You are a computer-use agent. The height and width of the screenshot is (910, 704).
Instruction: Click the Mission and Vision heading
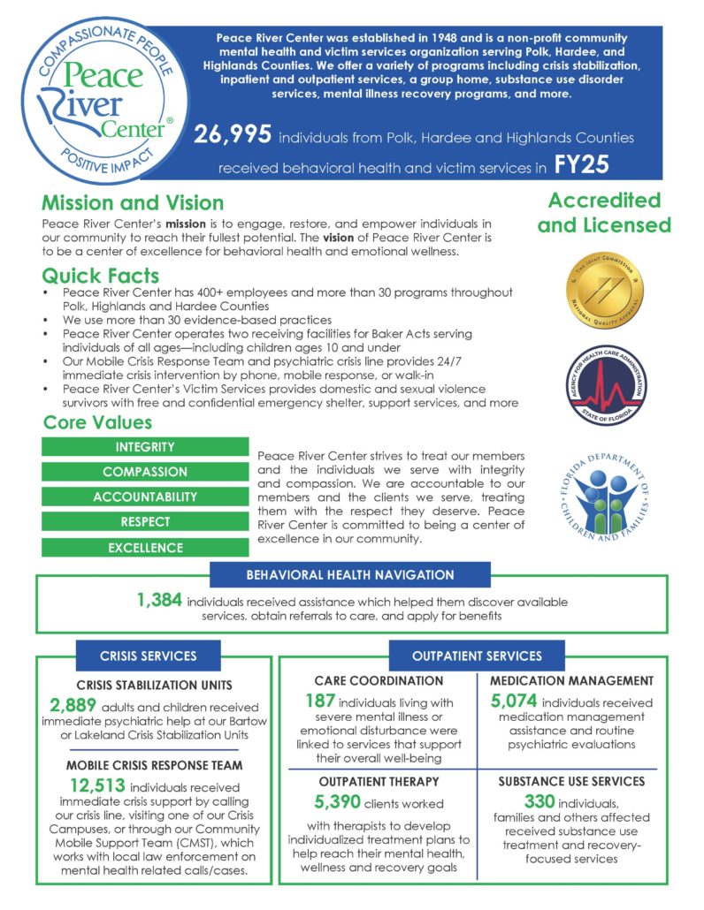coord(133,204)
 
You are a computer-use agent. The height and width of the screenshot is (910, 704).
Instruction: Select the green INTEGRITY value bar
coord(145,447)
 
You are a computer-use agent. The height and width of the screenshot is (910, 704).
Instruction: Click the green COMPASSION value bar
coord(145,472)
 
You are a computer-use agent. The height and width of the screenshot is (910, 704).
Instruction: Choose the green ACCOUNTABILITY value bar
coord(145,497)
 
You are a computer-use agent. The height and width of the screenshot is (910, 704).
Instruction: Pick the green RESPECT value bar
coord(145,522)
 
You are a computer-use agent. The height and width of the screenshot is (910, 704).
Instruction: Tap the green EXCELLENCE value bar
coord(145,548)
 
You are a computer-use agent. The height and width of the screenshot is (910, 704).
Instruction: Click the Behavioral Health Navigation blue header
coord(349,575)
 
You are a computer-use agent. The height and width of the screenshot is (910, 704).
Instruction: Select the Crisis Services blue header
coord(148,656)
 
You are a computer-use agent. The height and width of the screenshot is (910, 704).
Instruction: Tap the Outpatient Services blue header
coord(476,656)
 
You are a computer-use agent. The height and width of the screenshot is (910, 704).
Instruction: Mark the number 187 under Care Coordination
coord(308,702)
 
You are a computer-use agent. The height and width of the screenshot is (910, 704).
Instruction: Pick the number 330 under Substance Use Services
coord(516,802)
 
